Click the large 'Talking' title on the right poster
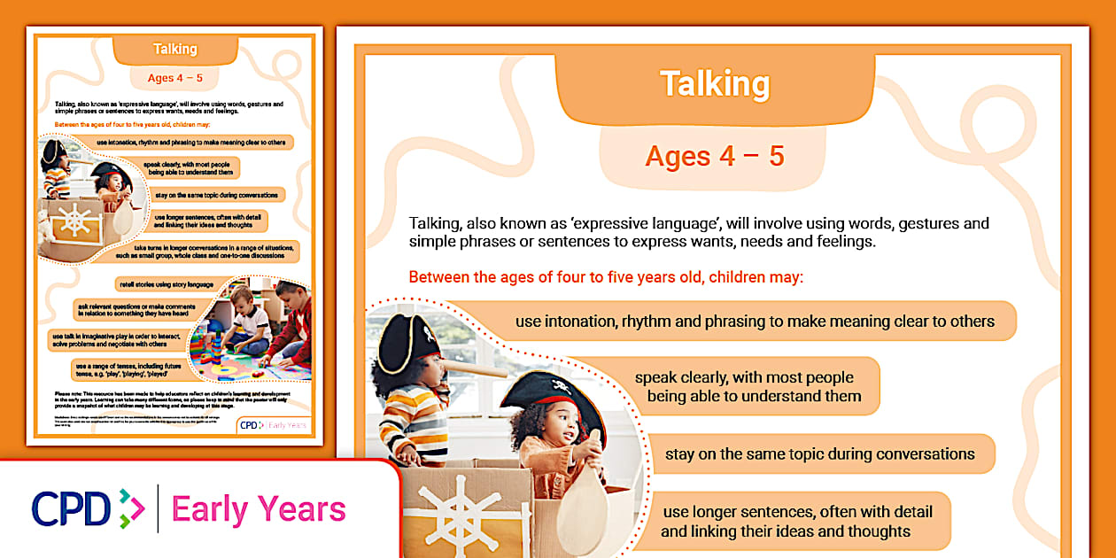(715, 84)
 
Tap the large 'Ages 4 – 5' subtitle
(715, 157)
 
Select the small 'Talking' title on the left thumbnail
(174, 49)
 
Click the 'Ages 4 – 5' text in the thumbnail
(174, 78)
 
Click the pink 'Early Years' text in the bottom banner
(259, 509)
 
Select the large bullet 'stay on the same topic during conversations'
(819, 454)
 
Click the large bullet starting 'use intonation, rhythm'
(755, 322)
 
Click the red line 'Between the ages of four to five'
(606, 277)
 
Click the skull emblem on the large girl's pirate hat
(560, 385)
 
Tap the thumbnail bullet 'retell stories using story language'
(167, 284)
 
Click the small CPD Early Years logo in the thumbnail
(273, 425)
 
